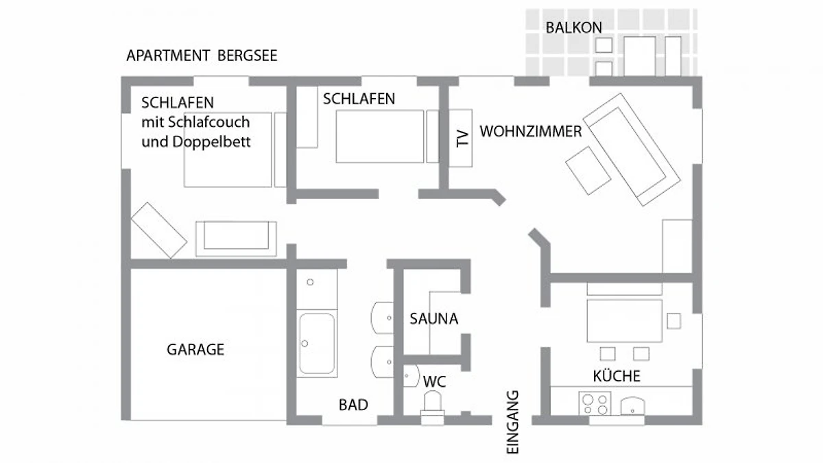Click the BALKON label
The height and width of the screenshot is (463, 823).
click(573, 27)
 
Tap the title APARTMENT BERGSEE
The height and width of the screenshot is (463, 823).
click(202, 56)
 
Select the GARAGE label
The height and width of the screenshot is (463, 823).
click(195, 349)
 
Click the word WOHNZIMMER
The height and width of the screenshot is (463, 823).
click(531, 132)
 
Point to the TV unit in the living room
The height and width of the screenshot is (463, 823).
click(460, 138)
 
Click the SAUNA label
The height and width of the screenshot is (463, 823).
click(434, 318)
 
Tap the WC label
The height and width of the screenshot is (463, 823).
click(434, 382)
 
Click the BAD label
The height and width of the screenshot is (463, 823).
click(353, 405)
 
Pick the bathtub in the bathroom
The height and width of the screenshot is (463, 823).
click(317, 343)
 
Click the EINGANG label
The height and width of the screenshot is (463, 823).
click(512, 422)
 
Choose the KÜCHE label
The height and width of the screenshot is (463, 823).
click(617, 376)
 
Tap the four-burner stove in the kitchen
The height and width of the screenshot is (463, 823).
click(595, 403)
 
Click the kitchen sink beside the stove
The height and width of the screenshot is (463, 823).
click(632, 406)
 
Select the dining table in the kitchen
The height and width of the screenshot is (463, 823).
click(625, 321)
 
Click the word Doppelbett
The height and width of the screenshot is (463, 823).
click(212, 142)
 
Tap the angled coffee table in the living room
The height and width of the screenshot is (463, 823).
click(588, 171)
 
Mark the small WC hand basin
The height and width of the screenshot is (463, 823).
click(411, 376)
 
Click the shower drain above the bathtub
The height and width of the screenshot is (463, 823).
click(310, 282)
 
